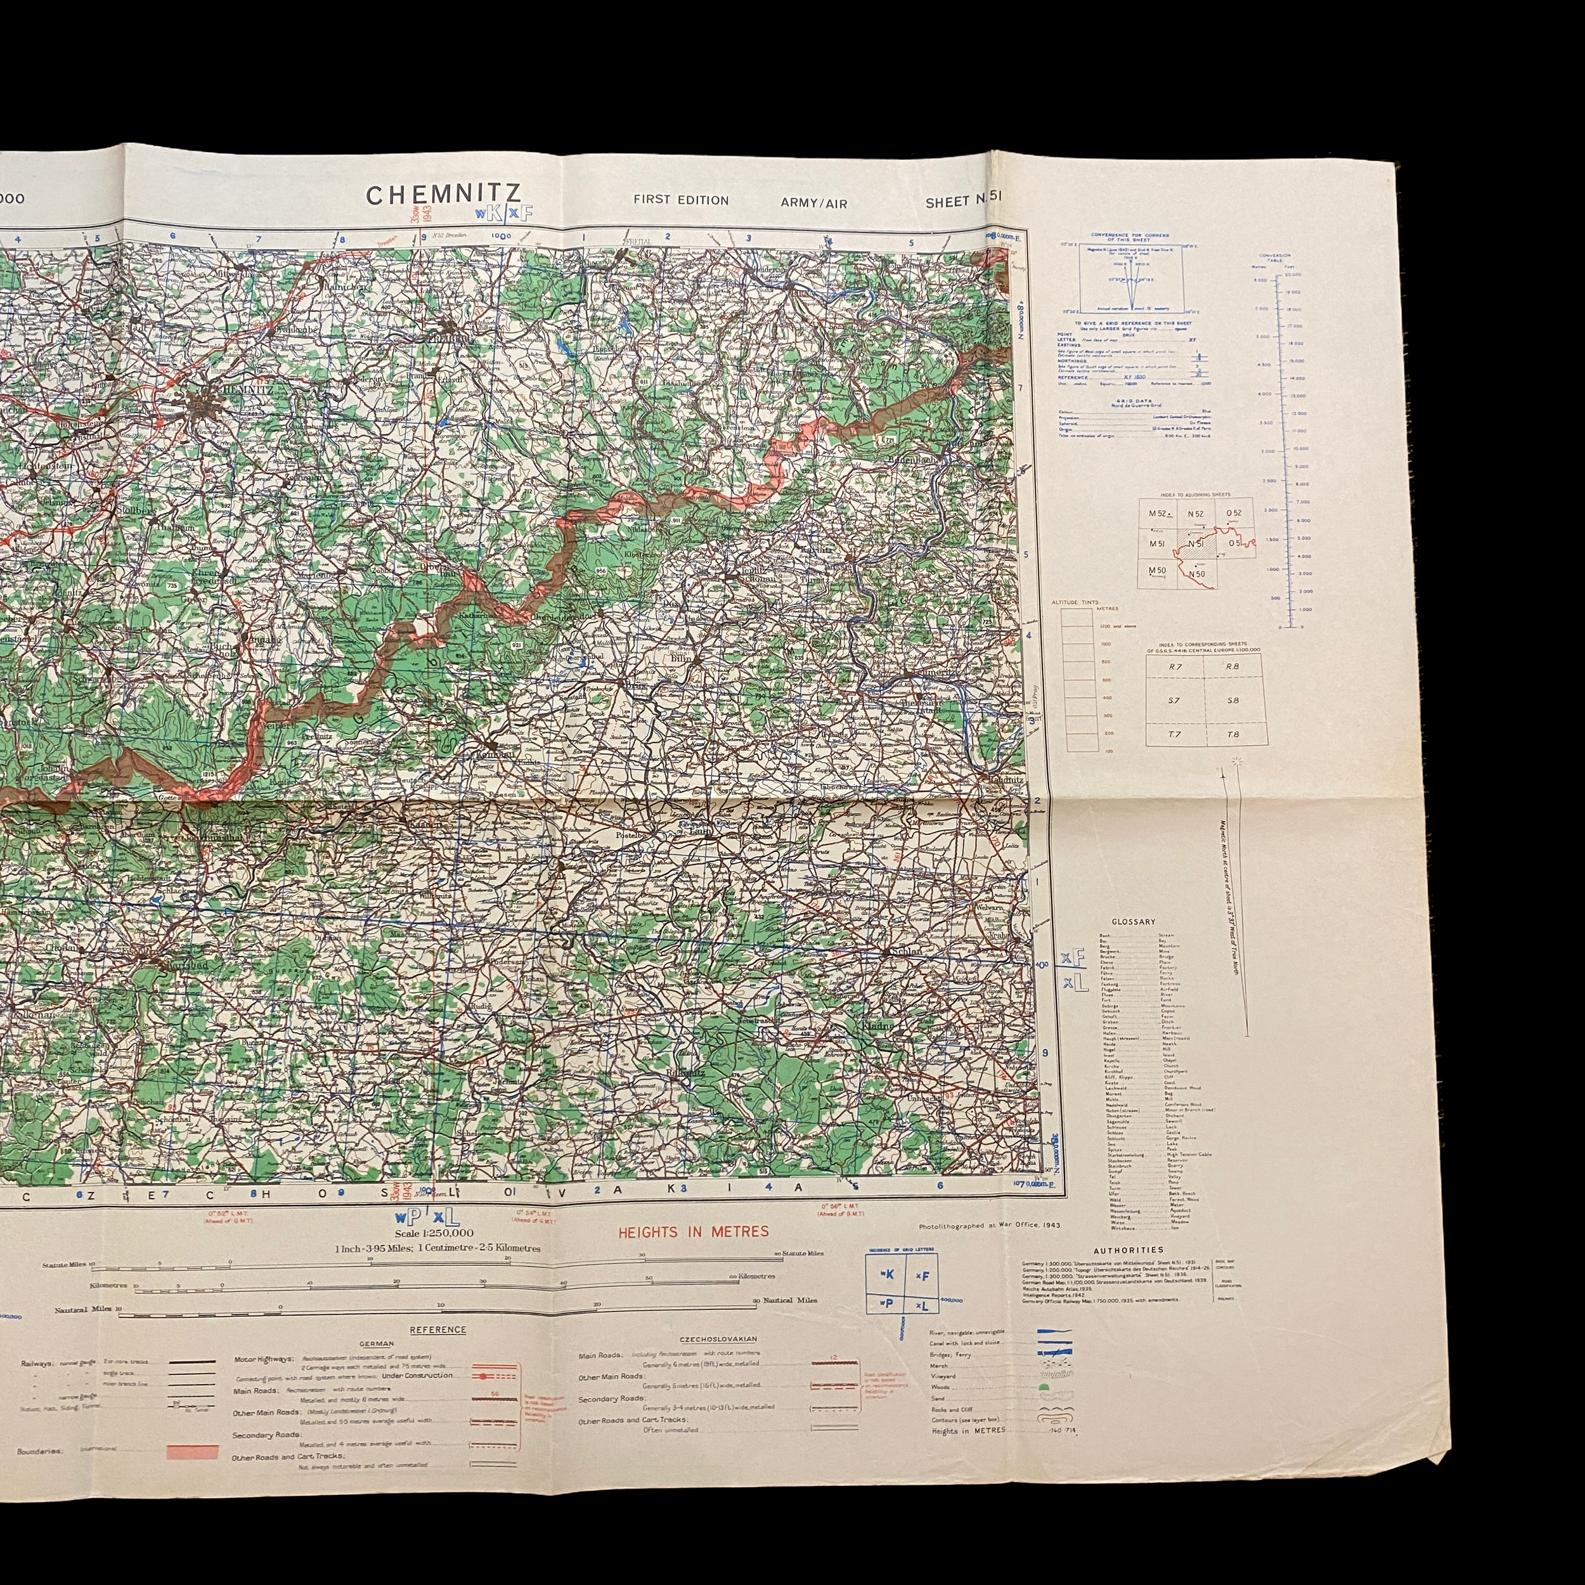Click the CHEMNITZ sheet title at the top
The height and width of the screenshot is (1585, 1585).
(x=443, y=195)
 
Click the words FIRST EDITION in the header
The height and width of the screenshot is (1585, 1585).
(x=681, y=200)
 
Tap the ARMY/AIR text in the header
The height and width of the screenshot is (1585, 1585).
(x=814, y=203)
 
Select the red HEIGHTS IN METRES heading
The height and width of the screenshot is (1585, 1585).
(x=693, y=1231)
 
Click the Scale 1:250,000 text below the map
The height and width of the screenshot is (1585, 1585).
(x=434, y=1233)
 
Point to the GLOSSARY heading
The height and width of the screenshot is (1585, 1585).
(x=1133, y=922)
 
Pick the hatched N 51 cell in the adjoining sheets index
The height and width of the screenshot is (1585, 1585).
(x=1195, y=544)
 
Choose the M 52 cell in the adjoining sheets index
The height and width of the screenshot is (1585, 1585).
(x=1157, y=514)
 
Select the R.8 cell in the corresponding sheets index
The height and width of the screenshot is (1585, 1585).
(x=1232, y=667)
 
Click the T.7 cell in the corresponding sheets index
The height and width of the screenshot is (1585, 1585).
(x=1175, y=734)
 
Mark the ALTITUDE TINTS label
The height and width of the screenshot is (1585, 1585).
(x=1073, y=602)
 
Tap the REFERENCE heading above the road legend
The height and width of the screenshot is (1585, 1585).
(x=438, y=1330)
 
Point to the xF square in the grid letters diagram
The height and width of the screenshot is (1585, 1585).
(x=922, y=1276)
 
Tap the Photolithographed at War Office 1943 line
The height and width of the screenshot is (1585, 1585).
(x=988, y=1226)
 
